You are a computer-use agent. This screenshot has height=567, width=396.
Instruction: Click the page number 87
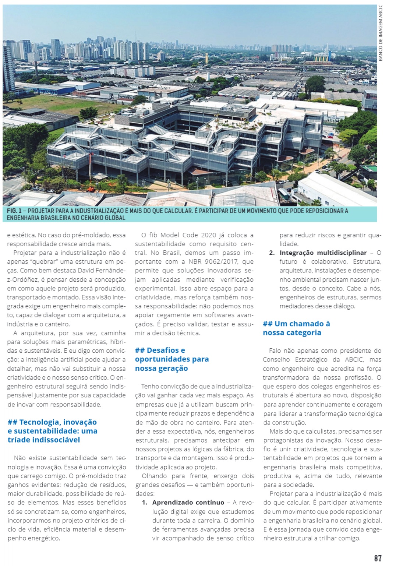378,558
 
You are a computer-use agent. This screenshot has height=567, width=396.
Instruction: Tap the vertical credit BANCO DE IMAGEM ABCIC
381,33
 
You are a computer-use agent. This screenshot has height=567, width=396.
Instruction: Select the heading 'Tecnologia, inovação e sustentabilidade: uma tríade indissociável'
52,431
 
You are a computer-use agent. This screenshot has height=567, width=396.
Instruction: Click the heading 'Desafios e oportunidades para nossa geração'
172,359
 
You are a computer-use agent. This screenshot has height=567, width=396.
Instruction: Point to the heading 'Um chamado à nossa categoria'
296,328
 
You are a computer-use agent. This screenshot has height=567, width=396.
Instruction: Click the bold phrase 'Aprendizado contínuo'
188,503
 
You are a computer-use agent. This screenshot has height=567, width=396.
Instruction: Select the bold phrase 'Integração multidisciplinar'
323,253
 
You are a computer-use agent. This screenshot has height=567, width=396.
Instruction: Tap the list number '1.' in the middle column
145,503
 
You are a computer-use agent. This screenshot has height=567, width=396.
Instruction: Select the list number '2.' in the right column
272,253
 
